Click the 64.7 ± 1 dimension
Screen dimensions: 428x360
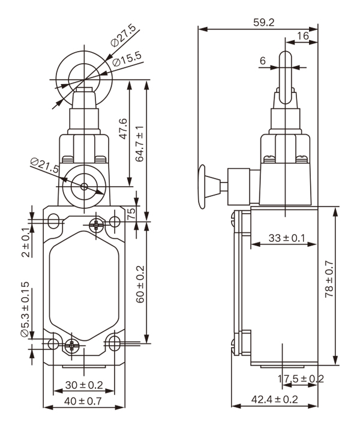click(x=140, y=143)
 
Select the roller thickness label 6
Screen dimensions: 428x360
click(x=262, y=60)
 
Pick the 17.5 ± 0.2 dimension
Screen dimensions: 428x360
click(x=301, y=379)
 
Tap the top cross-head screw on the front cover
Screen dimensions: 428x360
click(x=96, y=225)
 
